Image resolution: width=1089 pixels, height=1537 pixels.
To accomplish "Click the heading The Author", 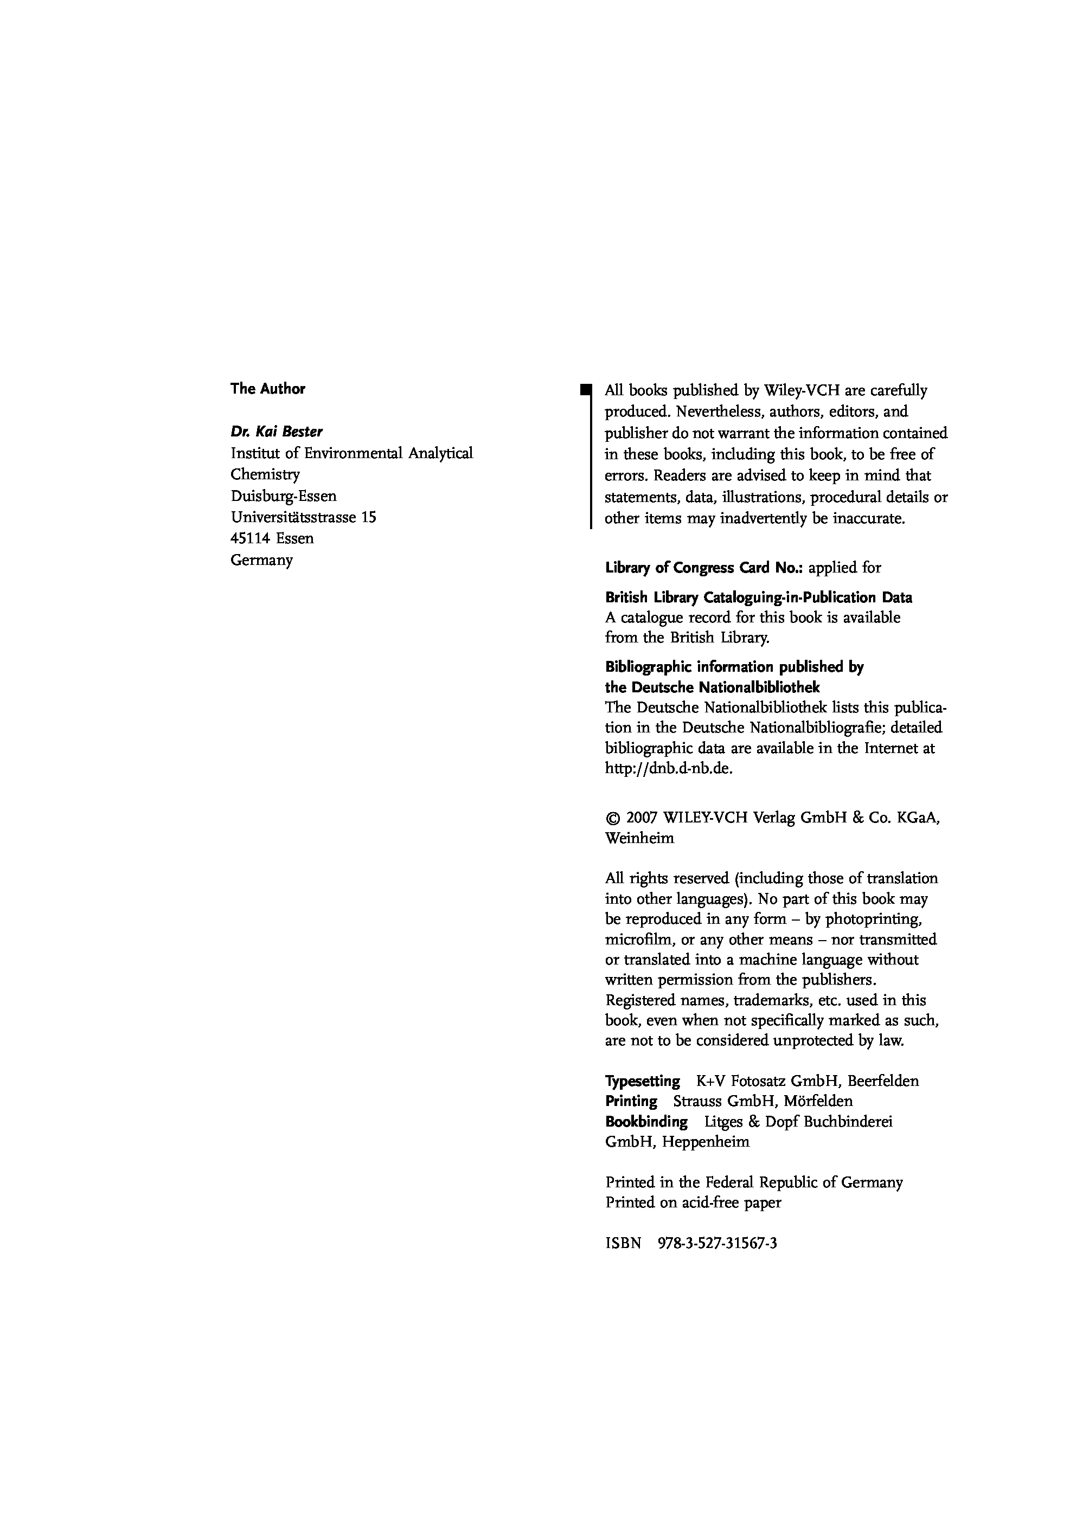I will pos(267,389).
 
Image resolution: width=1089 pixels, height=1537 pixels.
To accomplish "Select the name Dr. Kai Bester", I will pos(276,432).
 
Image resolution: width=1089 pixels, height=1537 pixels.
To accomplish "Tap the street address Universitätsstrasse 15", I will pos(303,517).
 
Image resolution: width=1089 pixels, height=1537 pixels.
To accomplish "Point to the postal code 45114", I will pos(250,539).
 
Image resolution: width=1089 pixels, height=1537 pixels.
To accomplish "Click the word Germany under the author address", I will pos(261,561).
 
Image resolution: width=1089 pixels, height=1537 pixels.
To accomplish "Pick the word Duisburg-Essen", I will pos(284,496).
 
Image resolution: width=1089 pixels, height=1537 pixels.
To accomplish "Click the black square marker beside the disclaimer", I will pos(586,388).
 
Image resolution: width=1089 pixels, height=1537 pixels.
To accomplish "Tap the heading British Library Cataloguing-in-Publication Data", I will pos(758,597).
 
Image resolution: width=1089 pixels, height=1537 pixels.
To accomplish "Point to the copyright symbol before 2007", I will pos(612,819).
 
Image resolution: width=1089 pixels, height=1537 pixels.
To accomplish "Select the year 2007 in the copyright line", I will pos(642,819).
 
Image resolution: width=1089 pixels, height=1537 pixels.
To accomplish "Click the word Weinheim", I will pos(639,839).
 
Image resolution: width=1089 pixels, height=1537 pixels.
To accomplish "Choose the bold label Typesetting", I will pos(643,1081).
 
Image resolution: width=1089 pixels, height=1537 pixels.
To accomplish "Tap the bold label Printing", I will pos(631,1101).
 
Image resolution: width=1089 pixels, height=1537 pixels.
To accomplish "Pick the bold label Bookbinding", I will pos(646,1121).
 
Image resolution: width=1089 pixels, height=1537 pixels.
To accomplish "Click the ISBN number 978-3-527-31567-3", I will pos(718,1243).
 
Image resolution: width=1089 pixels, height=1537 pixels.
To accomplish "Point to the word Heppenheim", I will pos(706,1142).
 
